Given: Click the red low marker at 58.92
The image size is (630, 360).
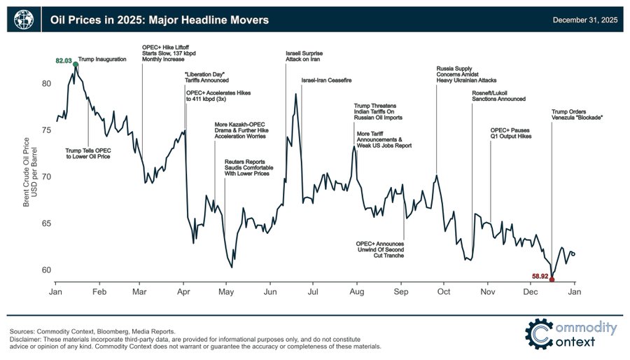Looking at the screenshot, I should tap(552, 279).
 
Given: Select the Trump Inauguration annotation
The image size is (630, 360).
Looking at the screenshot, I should tap(102, 60).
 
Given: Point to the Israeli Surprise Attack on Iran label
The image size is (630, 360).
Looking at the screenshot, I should tap(305, 57).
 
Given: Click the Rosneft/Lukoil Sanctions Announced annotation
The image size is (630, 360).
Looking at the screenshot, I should tap(498, 95).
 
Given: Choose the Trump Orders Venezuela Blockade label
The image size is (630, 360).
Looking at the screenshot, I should tap(577, 113).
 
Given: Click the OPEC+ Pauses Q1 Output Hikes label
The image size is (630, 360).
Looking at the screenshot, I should tap(511, 133).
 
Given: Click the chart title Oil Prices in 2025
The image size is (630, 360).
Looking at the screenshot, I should tap(159, 20).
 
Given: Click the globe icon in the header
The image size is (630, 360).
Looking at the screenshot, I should tap(23, 20).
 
